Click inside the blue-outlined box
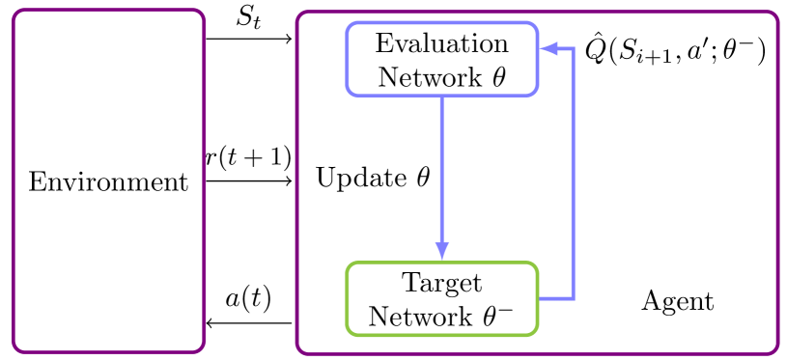[x=441, y=59]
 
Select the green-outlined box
[x=441, y=299]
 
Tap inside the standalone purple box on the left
[x=109, y=181]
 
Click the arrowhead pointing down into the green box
[x=442, y=251]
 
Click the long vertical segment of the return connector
[x=574, y=174]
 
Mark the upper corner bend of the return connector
[x=574, y=48]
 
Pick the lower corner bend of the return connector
[x=574, y=299]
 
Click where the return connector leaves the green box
[x=540, y=299]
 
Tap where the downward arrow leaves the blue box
[x=442, y=97]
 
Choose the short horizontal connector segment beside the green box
[x=556, y=299]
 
